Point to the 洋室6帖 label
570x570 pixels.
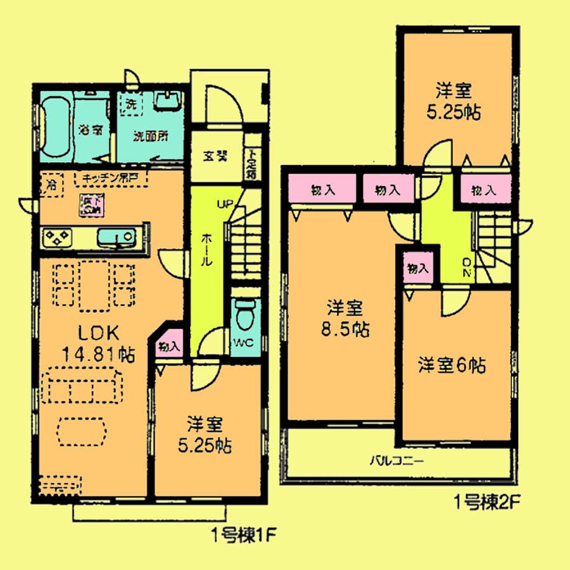452,365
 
